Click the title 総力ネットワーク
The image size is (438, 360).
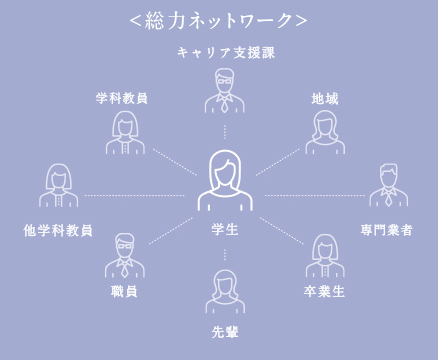(218, 20)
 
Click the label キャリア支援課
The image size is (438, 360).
(225, 52)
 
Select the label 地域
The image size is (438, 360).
(325, 99)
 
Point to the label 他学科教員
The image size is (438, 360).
(58, 230)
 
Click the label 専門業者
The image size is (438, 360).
(387, 230)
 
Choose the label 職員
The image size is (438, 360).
(124, 291)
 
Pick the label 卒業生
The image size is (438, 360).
(325, 291)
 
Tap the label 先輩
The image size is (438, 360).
(225, 331)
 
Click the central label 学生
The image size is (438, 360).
(225, 230)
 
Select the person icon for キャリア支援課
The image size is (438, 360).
(225, 93)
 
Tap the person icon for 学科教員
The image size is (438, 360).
(125, 132)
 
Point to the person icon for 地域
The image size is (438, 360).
(325, 132)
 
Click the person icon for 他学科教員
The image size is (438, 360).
(59, 186)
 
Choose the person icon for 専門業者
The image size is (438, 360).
(388, 186)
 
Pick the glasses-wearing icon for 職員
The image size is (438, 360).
(124, 256)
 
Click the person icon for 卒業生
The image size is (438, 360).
(325, 256)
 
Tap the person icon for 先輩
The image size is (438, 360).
(225, 293)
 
